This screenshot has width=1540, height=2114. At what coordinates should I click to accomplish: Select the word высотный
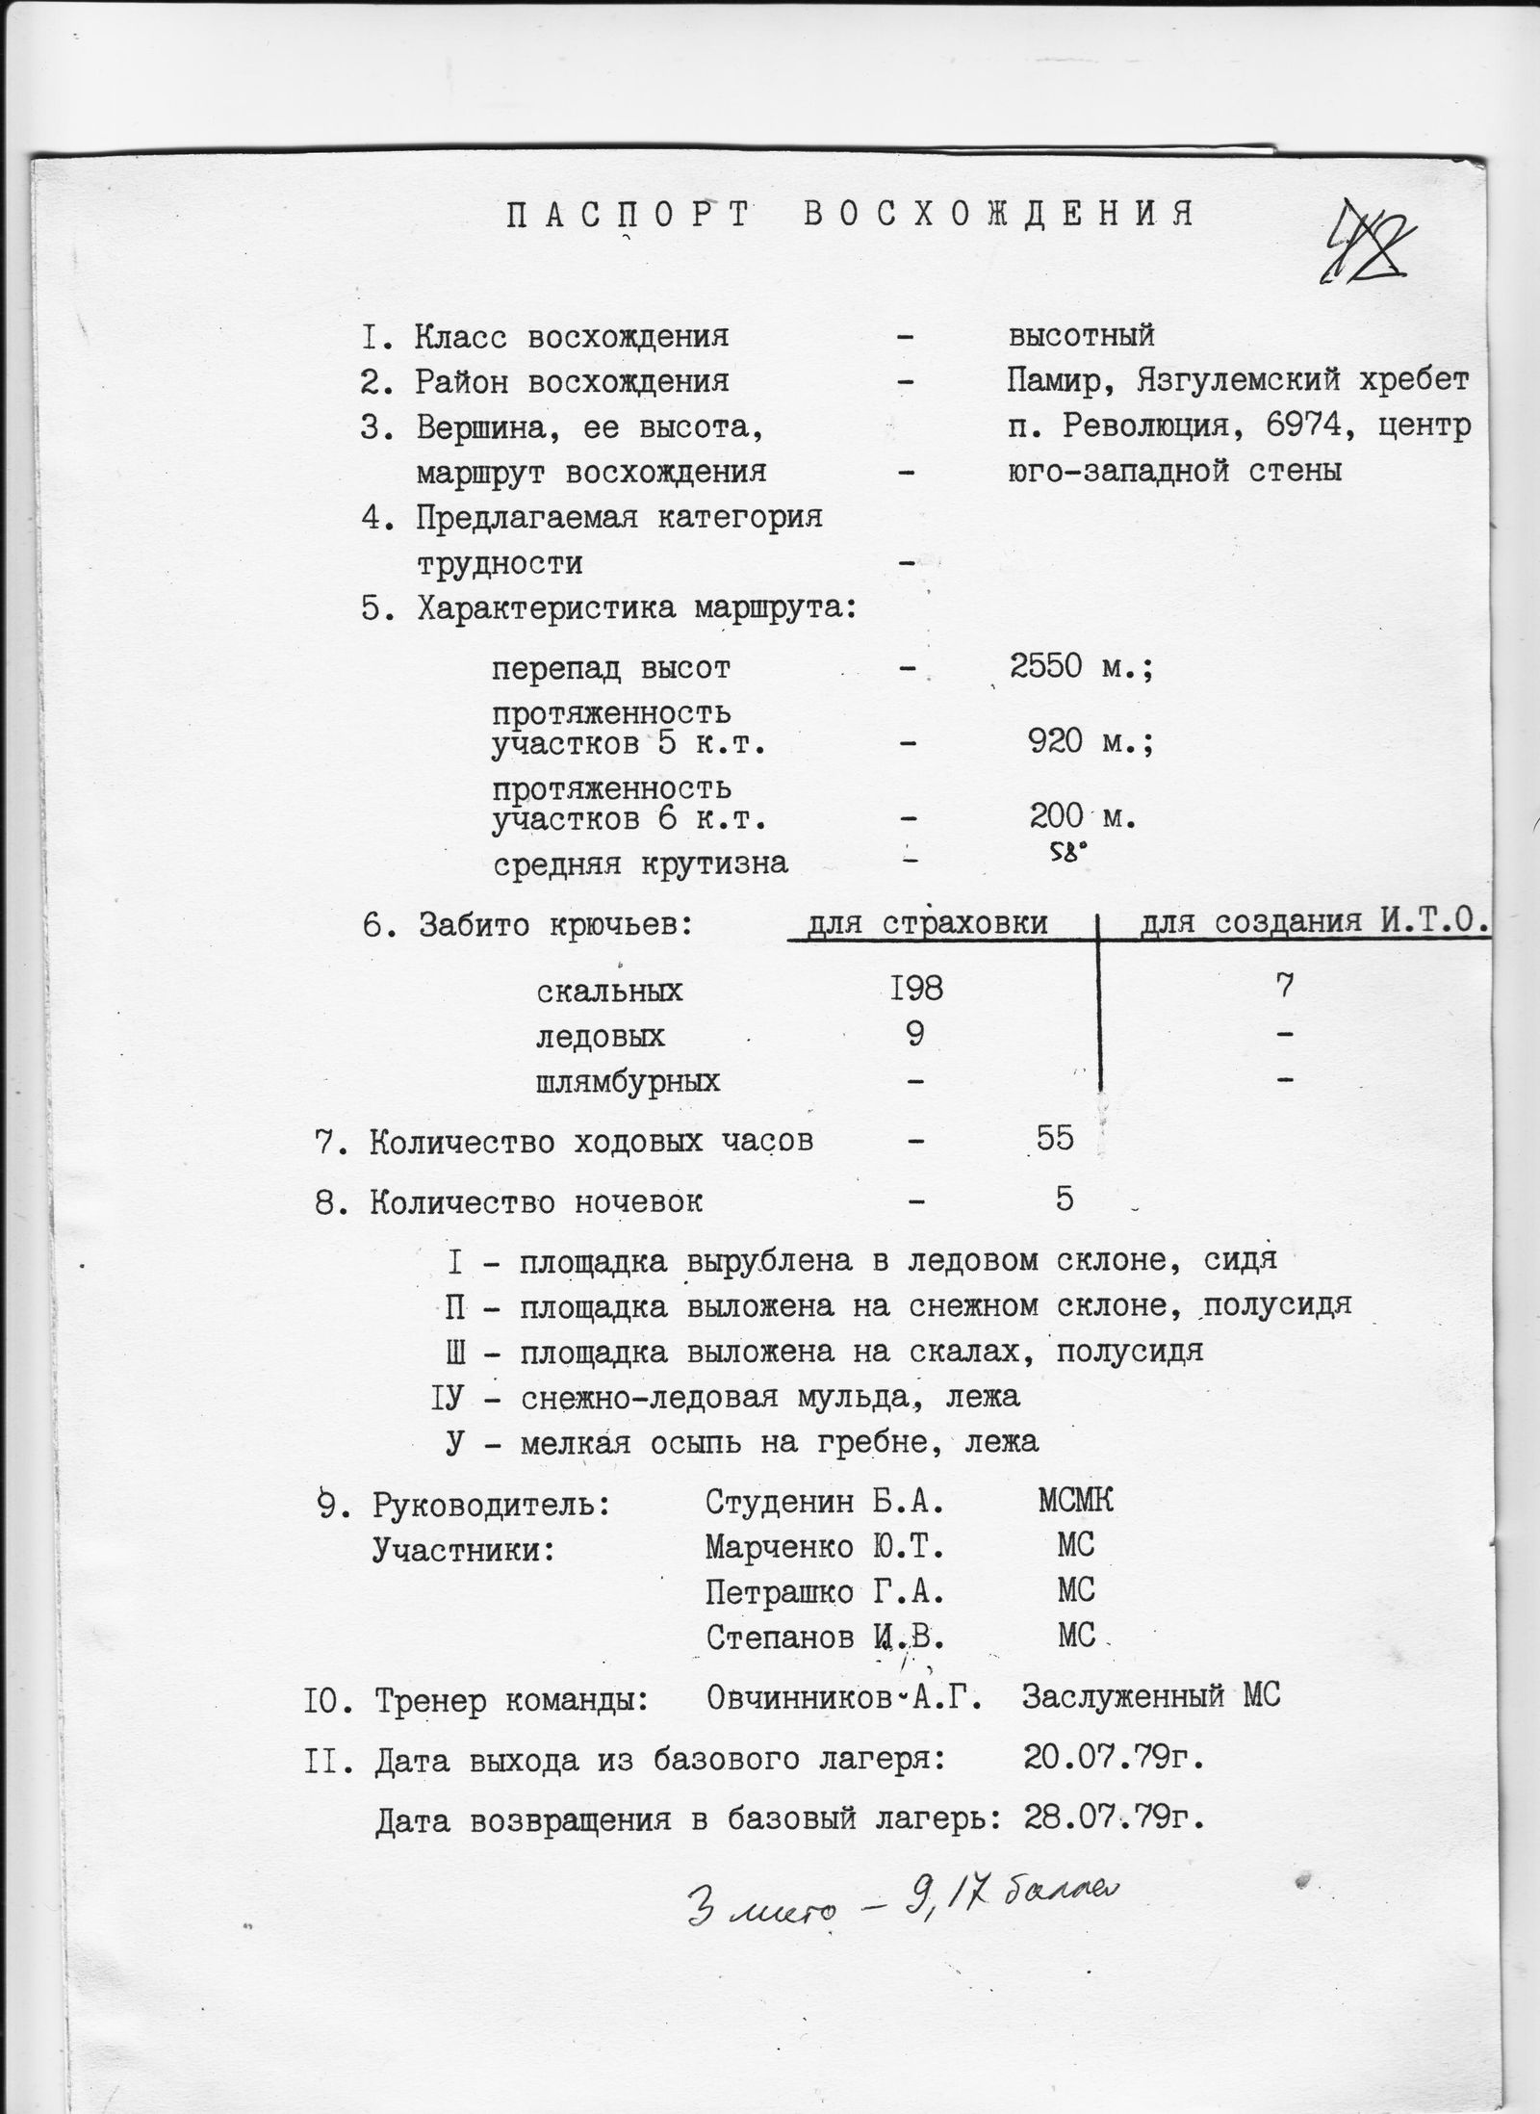[1080, 336]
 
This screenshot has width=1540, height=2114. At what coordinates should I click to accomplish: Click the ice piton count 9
[915, 1034]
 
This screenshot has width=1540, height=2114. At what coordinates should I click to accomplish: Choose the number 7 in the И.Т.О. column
[1285, 985]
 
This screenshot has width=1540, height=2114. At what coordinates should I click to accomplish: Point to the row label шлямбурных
[628, 1081]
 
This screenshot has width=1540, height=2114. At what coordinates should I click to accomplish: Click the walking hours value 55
[1054, 1139]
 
